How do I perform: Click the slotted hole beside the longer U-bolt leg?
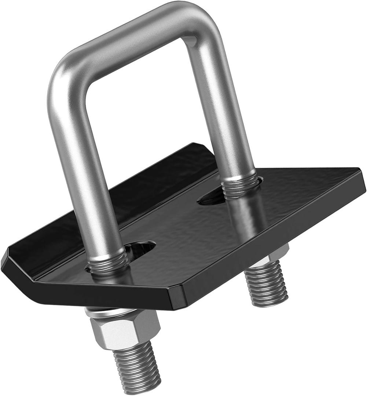click(141, 249)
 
